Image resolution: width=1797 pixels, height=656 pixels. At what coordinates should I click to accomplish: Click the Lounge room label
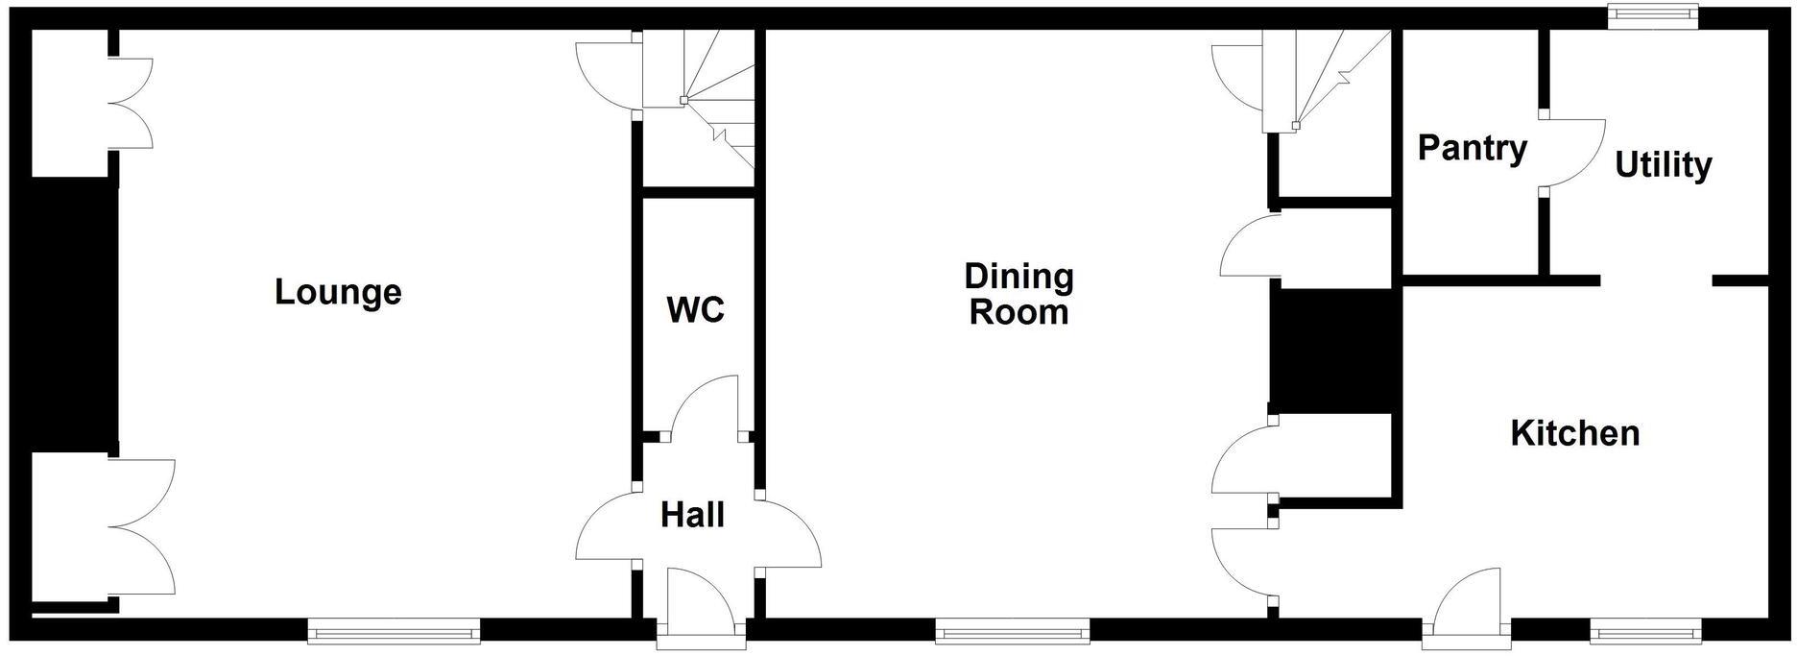338,292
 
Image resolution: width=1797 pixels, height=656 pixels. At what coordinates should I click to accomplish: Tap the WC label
695,310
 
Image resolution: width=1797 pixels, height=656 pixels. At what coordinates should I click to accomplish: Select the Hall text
692,516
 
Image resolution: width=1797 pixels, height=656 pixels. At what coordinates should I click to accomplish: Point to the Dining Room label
1018,294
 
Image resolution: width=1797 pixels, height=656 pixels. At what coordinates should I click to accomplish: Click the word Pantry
1472,149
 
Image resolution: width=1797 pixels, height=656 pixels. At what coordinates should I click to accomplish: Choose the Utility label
1663,164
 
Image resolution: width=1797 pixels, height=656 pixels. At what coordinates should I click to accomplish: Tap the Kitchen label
1574,433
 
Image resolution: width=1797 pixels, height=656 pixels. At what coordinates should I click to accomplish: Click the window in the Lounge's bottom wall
394,631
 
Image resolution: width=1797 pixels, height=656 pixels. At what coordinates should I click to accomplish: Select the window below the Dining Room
1013,631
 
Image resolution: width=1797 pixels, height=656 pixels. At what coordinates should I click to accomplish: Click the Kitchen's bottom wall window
1645,631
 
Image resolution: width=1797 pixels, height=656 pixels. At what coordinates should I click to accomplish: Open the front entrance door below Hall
701,600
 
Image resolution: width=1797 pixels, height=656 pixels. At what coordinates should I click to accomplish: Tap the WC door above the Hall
703,408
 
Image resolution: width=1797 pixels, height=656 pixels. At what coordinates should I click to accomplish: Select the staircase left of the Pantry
1330,82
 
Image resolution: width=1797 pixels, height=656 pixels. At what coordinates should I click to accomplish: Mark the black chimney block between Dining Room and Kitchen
1330,352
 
